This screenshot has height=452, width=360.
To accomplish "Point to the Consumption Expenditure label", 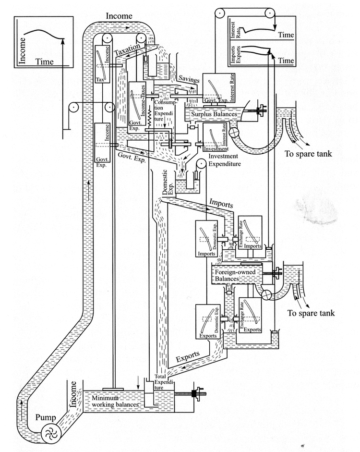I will pos(166,102).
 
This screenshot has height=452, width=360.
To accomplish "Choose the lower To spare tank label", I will pos(311,313).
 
